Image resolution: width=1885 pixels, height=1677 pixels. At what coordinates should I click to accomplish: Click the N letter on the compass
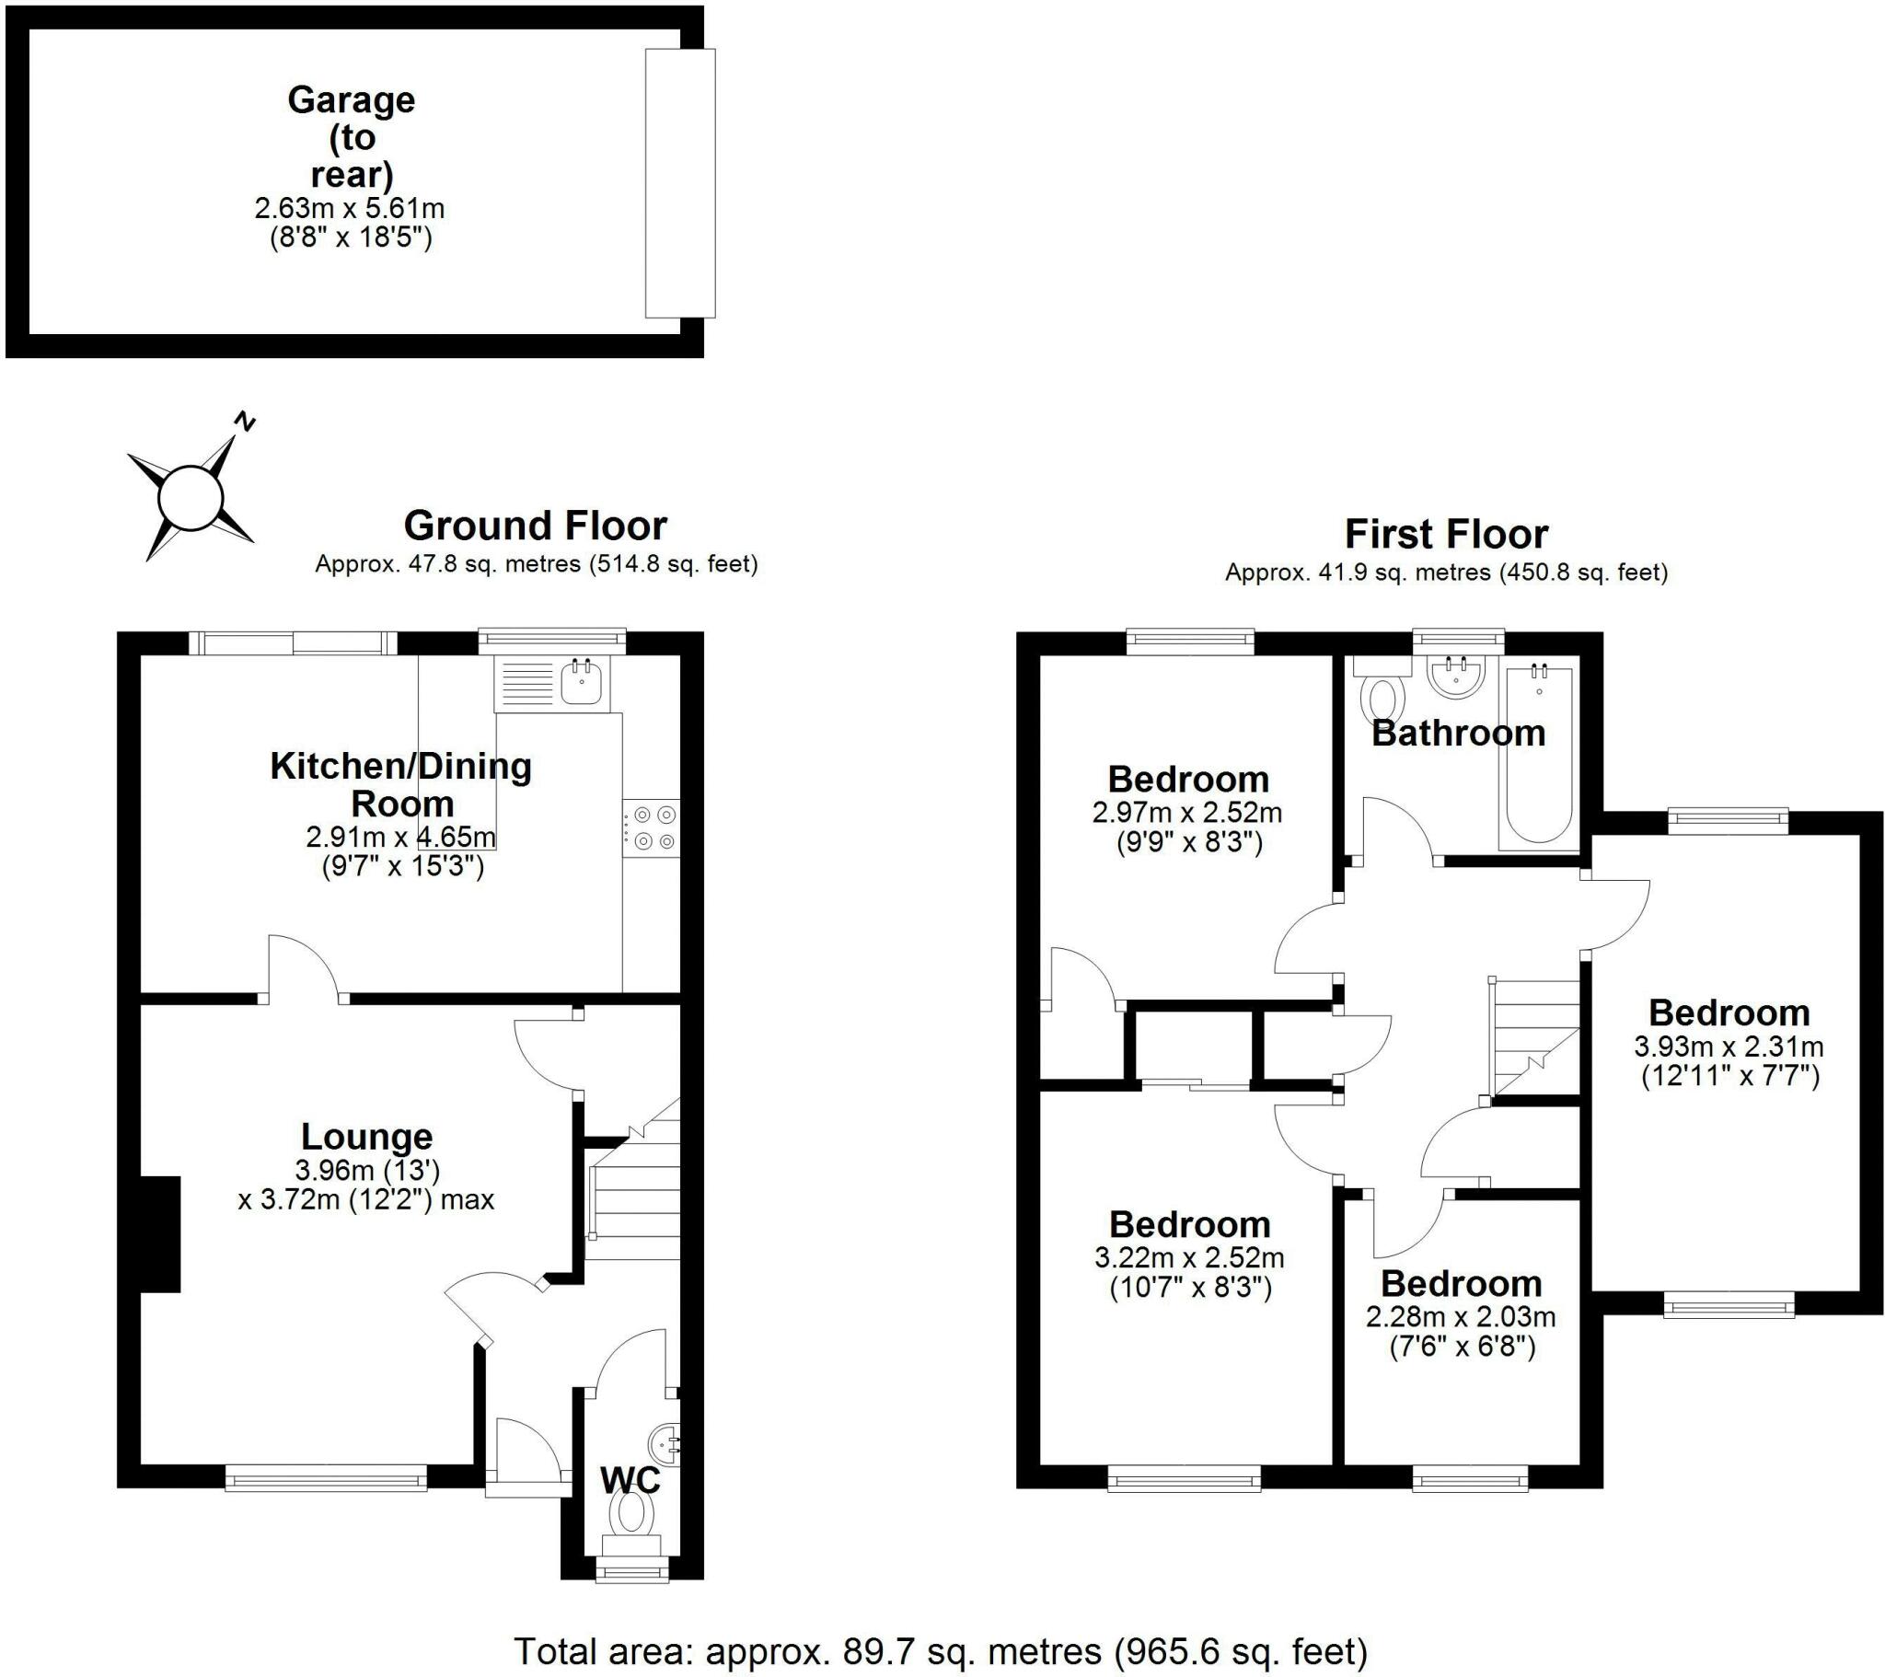(x=245, y=421)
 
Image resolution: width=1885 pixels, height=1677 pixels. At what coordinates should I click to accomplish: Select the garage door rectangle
(x=679, y=183)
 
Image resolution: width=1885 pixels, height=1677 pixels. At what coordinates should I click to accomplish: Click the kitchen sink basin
(x=582, y=684)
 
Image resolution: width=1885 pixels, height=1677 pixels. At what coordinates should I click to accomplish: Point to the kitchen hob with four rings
(x=652, y=827)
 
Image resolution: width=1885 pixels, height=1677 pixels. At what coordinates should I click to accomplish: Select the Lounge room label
(x=367, y=1137)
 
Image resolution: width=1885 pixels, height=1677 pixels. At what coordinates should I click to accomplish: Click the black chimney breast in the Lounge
(x=160, y=1234)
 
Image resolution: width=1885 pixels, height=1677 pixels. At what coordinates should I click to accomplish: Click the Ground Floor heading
(x=535, y=526)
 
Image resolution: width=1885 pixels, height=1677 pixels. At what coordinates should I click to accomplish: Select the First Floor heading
(x=1446, y=534)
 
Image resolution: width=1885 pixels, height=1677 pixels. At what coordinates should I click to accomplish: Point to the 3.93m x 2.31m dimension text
(x=1729, y=1047)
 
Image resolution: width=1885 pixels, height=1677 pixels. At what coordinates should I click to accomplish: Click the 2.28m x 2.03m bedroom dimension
(x=1461, y=1316)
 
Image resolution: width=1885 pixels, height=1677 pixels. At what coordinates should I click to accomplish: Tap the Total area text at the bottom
(x=941, y=1652)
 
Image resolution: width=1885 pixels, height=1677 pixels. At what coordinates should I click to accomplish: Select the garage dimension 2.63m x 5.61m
(x=351, y=208)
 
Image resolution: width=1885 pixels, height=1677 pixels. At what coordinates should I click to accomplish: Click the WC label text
(x=630, y=1481)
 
